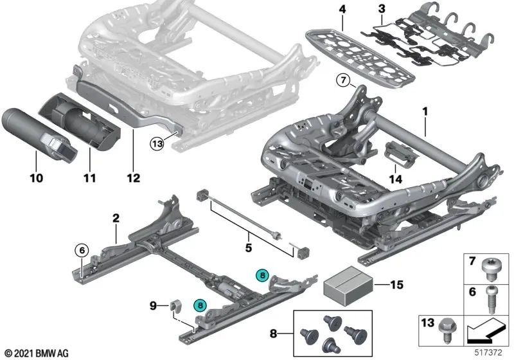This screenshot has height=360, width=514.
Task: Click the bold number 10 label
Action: point(37,178)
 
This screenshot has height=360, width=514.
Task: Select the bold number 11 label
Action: point(89,178)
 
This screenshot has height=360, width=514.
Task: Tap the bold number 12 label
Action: point(134,178)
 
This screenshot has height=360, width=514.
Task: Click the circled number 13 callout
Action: point(157,143)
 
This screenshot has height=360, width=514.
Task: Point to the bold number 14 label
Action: point(395,179)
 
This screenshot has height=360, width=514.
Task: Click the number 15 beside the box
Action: point(396,285)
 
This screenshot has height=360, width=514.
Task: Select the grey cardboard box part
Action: point(348,285)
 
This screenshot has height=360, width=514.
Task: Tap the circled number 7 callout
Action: point(343,80)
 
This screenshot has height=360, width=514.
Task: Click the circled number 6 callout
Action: point(82,251)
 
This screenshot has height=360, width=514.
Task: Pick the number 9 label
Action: point(153,306)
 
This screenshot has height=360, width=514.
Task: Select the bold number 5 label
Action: point(249,248)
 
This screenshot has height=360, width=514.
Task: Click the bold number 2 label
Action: point(116,218)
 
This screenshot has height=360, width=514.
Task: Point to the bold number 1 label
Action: point(425,111)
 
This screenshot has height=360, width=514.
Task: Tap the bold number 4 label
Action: point(342,9)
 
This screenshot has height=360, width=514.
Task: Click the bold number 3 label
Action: point(382,9)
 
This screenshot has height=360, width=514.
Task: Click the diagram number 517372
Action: point(488,352)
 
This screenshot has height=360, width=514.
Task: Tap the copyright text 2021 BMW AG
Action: point(37,354)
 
